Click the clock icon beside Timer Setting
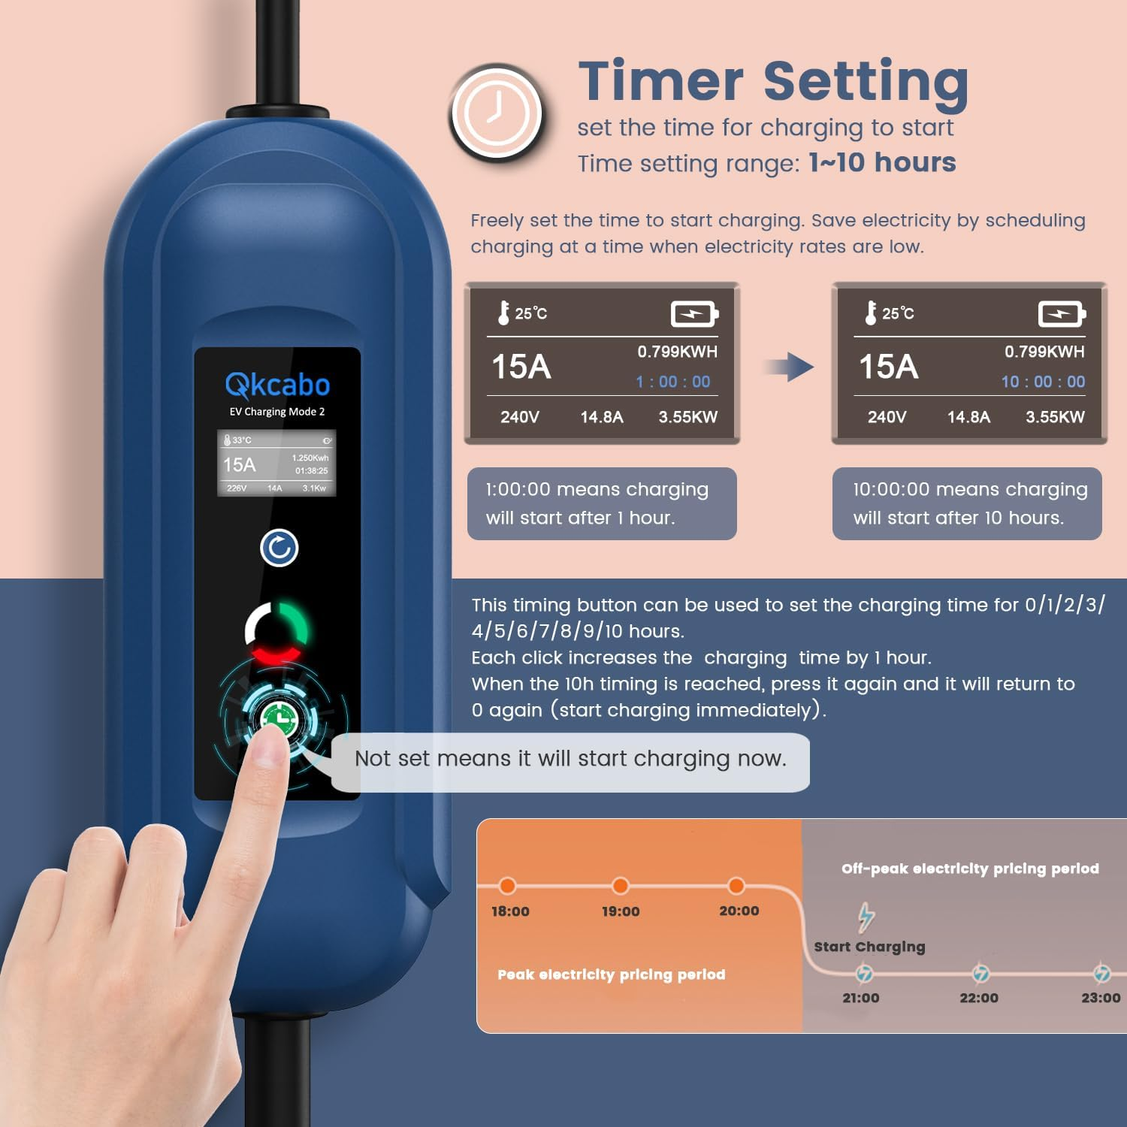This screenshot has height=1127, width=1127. [496, 113]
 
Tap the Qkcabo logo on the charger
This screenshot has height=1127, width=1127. [277, 385]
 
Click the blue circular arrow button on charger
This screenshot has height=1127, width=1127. [279, 548]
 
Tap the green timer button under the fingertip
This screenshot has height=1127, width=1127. [279, 718]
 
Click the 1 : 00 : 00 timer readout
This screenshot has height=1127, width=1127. [672, 382]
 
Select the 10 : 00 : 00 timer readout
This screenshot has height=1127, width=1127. [1042, 382]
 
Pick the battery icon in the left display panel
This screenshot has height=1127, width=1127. [693, 313]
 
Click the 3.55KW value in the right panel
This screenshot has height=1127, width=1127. [1055, 417]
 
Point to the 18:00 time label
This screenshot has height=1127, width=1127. [510, 911]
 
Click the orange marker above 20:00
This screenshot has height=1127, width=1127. [736, 886]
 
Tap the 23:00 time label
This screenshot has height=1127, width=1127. [1100, 998]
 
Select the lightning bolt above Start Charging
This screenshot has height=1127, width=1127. [866, 916]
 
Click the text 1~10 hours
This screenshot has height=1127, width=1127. [882, 163]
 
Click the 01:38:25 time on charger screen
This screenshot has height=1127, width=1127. [311, 471]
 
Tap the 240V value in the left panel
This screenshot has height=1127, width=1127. [520, 417]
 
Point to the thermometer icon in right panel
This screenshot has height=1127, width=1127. [871, 313]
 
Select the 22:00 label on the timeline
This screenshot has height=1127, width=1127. [978, 998]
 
